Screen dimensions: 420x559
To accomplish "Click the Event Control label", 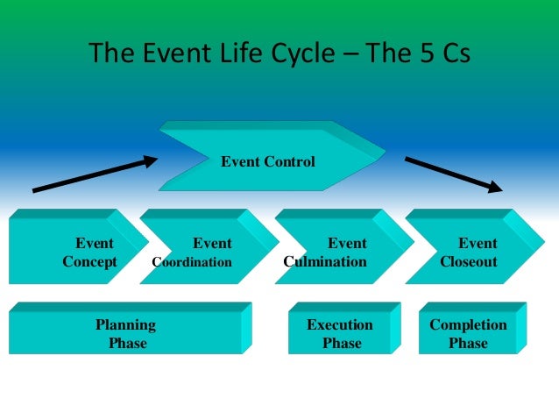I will click(266, 161).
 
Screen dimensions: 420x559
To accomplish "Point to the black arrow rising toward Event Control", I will click(95, 174).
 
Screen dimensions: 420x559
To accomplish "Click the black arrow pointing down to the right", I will click(454, 174).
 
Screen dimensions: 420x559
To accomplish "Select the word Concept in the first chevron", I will click(89, 262).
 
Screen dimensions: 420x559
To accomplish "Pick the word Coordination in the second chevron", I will click(192, 262).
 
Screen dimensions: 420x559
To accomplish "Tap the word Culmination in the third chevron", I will click(325, 262).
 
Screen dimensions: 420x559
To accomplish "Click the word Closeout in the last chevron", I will click(468, 262).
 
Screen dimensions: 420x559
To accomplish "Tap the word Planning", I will click(125, 325).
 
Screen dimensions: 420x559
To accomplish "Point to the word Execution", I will click(340, 325).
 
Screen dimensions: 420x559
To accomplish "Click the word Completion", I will click(468, 325).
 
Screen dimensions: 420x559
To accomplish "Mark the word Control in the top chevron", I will click(289, 161).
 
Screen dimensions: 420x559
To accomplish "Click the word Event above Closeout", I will click(478, 244).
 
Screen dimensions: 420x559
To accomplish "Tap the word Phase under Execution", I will click(342, 344).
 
